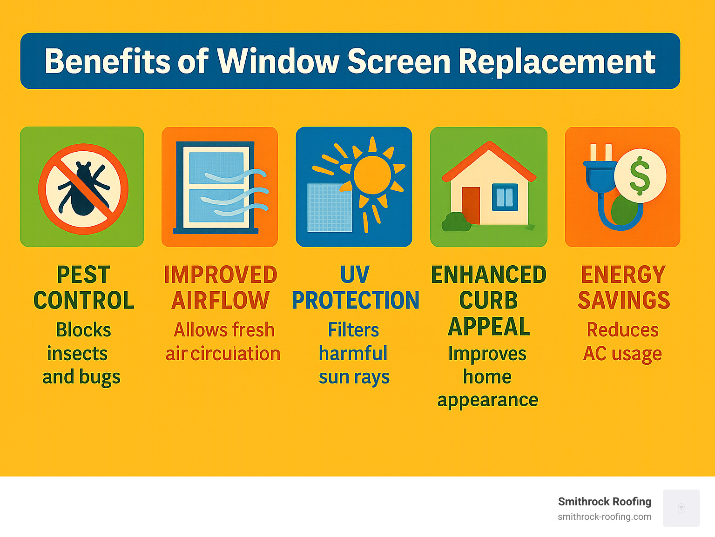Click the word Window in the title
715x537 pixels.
(x=278, y=61)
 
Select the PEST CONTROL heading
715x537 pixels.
(x=84, y=288)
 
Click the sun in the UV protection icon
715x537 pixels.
(x=372, y=175)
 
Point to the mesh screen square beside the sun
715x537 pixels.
(x=330, y=208)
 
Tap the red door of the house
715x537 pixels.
(x=471, y=205)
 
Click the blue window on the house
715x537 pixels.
(x=505, y=197)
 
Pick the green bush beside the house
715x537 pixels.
(x=456, y=222)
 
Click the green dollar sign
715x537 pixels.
(x=640, y=175)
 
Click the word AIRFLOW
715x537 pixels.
(x=220, y=300)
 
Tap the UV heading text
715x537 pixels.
(x=355, y=275)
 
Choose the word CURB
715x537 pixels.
(x=488, y=301)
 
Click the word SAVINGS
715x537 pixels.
(x=623, y=300)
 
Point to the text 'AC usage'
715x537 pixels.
(x=622, y=354)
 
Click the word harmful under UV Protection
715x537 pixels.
(x=353, y=353)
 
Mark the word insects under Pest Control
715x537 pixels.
(x=77, y=354)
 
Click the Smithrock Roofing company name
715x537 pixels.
(x=604, y=502)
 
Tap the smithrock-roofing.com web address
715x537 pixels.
(x=604, y=517)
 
